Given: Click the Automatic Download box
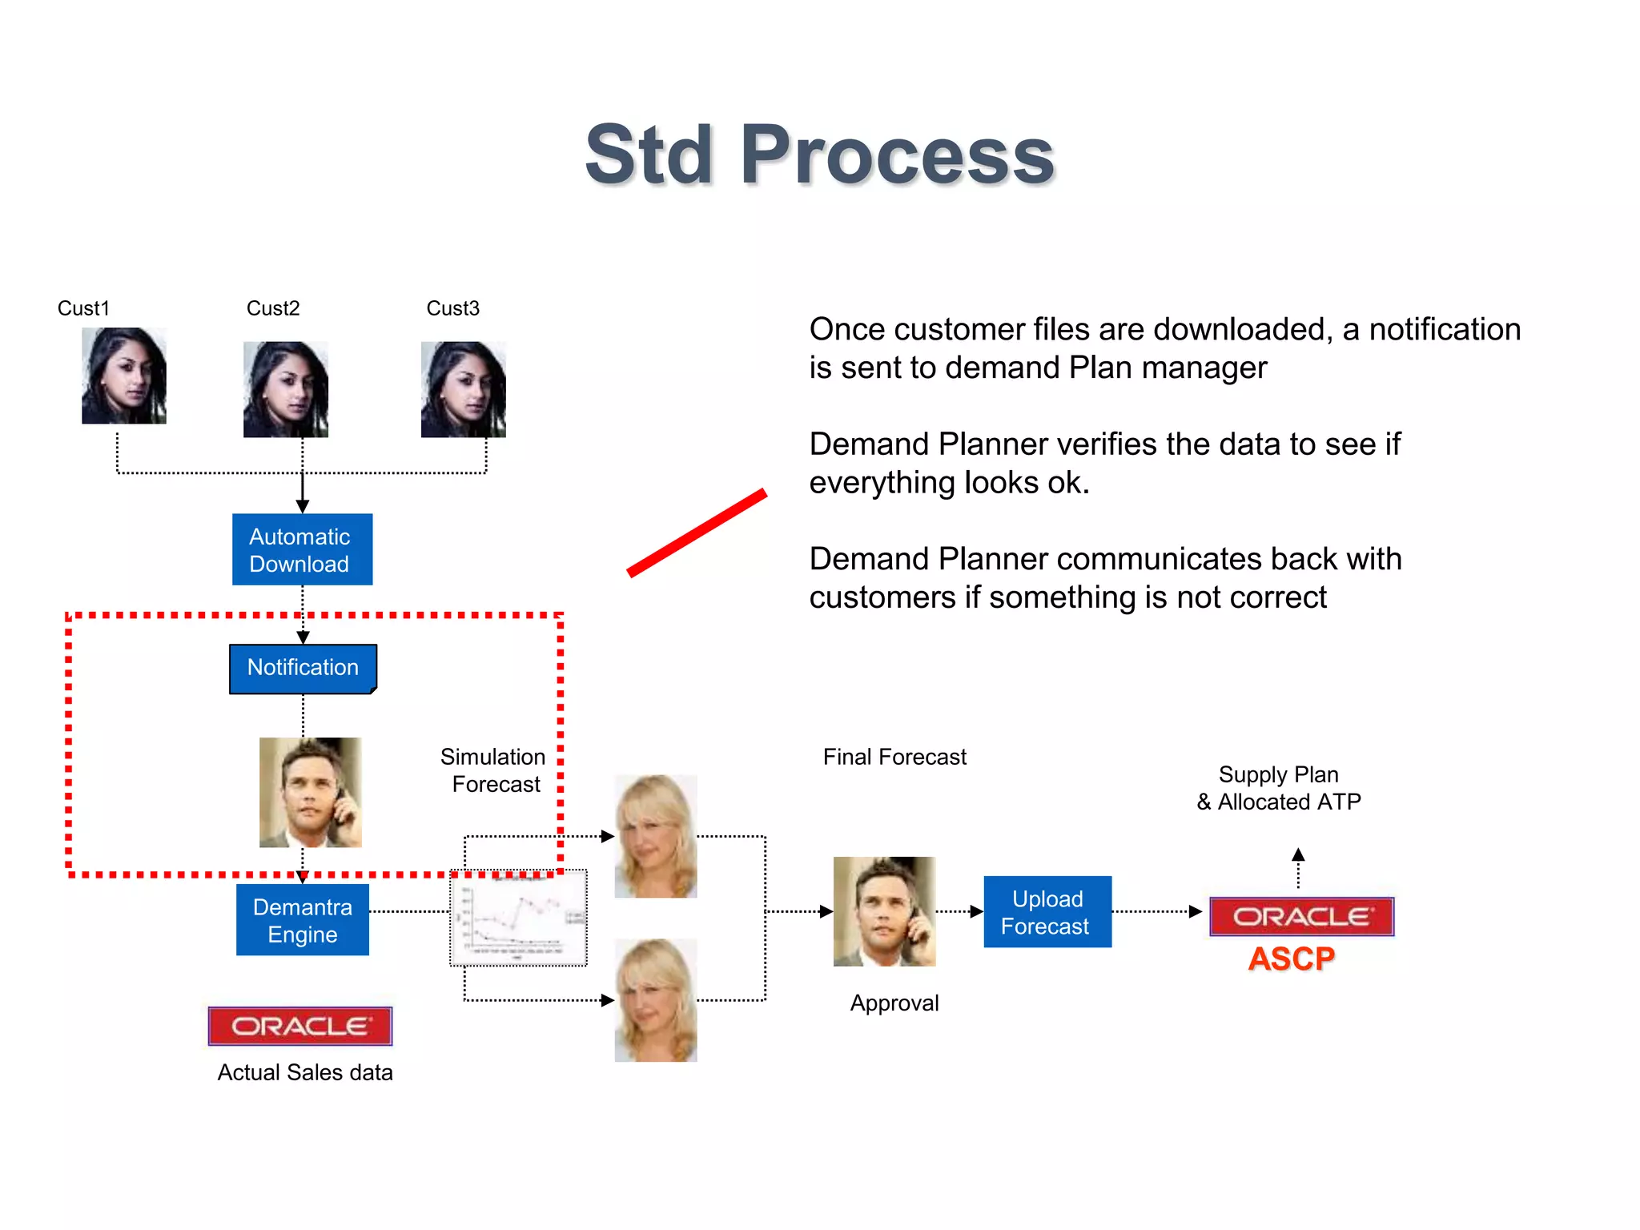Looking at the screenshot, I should coord(302,549).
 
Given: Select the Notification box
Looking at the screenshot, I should coord(303,668).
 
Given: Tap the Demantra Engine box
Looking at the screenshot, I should coord(303,920).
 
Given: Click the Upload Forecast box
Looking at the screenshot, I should coord(1047,912).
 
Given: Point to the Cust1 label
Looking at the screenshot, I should coord(83,308).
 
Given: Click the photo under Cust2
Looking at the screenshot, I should coord(286,389).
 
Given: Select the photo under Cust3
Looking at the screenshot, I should coord(463,389).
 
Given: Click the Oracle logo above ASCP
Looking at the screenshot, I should coord(1301,917).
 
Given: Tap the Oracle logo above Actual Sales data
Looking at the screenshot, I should coord(300,1026).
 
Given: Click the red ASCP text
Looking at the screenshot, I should coord(1291,959).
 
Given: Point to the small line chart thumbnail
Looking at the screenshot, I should coord(519,918).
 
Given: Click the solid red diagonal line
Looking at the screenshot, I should coord(697,533).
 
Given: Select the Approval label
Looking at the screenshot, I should coord(894,1003).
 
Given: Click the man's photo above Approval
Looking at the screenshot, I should coord(884,911).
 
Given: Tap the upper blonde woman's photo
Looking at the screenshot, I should coord(655,836).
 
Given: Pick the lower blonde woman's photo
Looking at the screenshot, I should coord(655,1000).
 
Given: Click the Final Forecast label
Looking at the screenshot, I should coord(894,757).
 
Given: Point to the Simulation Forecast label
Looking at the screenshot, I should coord(493,770).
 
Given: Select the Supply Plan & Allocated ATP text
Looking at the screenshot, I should coord(1279,788).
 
